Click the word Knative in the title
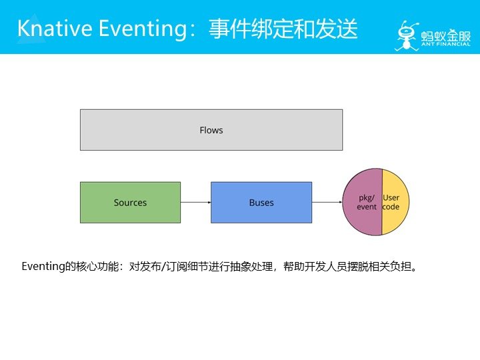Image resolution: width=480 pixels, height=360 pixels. pyautogui.click(x=53, y=29)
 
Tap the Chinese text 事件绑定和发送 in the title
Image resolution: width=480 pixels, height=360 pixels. pyautogui.click(x=283, y=29)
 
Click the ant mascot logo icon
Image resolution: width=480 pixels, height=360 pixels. pyautogui.click(x=406, y=33)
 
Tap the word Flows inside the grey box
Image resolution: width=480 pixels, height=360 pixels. pyautogui.click(x=211, y=130)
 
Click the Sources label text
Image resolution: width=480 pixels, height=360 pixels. pyautogui.click(x=130, y=203)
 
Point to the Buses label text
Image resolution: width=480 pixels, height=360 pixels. pyautogui.click(x=261, y=203)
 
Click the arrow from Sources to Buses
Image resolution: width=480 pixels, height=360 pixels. pyautogui.click(x=195, y=202)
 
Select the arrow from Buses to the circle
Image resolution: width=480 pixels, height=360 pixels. pyautogui.click(x=327, y=202)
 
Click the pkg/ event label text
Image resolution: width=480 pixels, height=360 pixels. pyautogui.click(x=367, y=203)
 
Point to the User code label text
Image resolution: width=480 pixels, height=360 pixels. pyautogui.click(x=391, y=203)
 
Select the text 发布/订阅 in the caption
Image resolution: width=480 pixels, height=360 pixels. pyautogui.click(x=159, y=267)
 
